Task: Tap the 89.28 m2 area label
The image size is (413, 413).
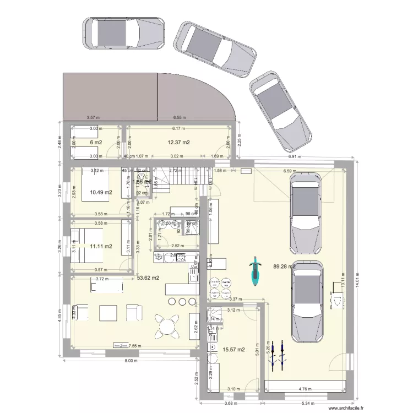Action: (x=285, y=267)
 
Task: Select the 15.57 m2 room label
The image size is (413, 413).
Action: (x=233, y=349)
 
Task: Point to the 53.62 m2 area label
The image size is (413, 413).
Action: (x=148, y=278)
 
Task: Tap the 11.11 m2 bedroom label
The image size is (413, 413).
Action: (x=100, y=247)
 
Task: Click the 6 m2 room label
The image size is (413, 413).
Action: (x=95, y=143)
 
